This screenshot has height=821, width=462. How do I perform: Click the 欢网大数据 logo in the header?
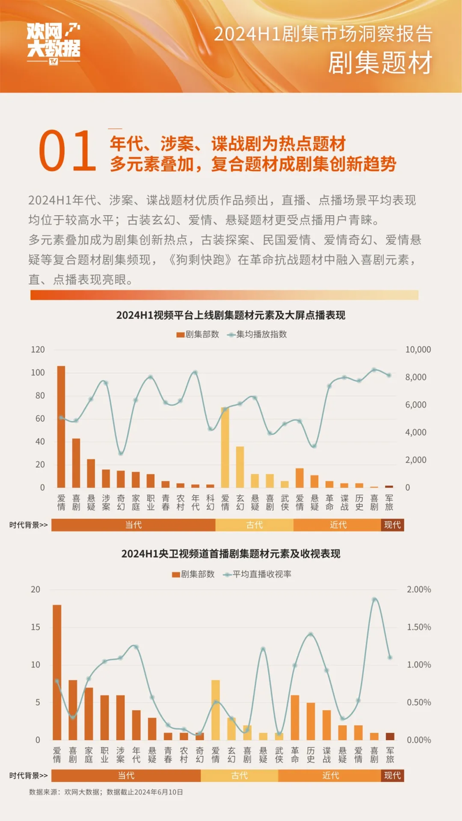[x=53, y=42]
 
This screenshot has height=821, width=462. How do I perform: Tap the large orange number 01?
[x=67, y=151]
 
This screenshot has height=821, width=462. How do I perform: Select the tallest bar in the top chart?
[x=61, y=426]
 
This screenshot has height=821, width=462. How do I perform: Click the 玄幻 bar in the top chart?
[x=240, y=467]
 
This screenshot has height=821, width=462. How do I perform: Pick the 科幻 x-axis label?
[x=210, y=501]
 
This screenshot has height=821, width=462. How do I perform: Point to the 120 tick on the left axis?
[x=38, y=350]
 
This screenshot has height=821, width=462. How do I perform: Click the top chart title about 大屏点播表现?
[x=230, y=315]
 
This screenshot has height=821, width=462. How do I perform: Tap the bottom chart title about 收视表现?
[x=230, y=553]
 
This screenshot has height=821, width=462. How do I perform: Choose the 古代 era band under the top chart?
[x=254, y=525]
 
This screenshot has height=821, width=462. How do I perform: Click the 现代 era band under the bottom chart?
[x=392, y=775]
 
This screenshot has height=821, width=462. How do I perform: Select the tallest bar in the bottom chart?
[x=57, y=672]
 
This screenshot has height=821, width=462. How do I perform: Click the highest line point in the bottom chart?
[x=374, y=599]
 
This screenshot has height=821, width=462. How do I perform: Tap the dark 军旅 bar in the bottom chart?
[x=390, y=736]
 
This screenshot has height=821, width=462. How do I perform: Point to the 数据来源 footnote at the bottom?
[x=106, y=793]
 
